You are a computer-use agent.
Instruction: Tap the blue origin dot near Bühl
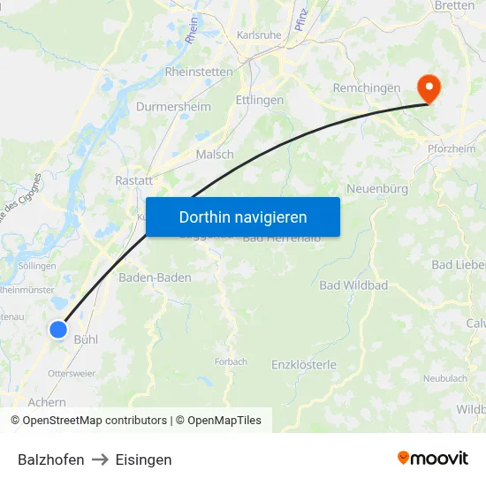coord(58,330)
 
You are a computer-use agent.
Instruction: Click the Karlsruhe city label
coord(259,35)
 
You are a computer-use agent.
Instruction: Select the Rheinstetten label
coord(199,72)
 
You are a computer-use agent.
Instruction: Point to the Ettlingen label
coord(260,100)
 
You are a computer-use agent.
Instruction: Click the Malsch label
coord(215,154)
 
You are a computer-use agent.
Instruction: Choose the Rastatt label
coord(133,179)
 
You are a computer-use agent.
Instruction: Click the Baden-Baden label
coord(155,277)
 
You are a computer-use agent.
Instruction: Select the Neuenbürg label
coord(377,189)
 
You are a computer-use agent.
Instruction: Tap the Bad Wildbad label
coord(353,285)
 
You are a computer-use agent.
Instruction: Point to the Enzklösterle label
coord(304,364)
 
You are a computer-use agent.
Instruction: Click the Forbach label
coord(231,361)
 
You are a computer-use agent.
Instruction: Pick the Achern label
coord(47,402)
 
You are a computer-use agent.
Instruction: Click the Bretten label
coord(455,5)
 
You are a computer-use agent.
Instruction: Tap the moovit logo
coord(433,458)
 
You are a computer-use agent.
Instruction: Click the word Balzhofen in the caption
coord(51,459)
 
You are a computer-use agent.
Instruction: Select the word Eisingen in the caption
coord(143,459)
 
